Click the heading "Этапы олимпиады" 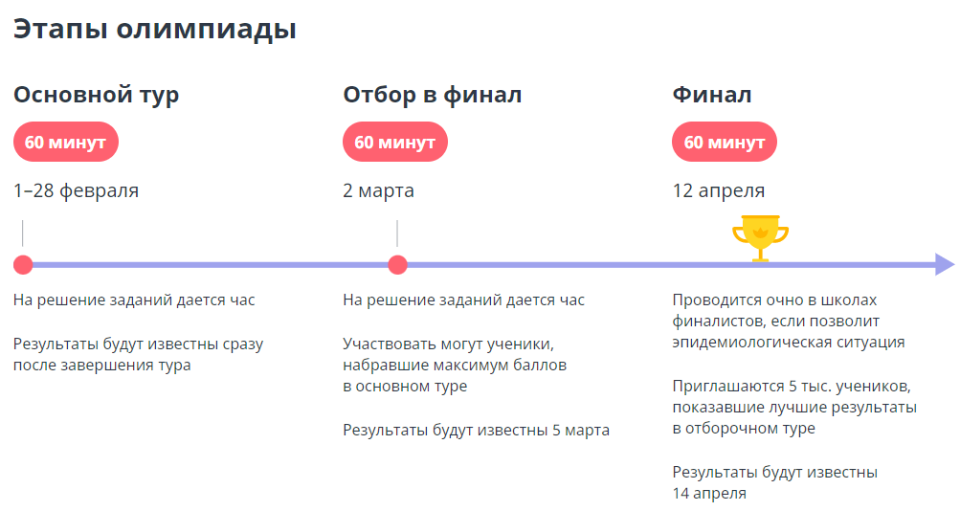pos(154,30)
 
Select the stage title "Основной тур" pos(96,95)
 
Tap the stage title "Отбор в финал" pos(433,95)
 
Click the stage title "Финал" pos(711,95)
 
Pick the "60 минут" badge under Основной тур pos(65,143)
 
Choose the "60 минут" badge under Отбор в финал pos(394,143)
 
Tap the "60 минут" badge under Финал pos(724,143)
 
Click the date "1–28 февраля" pos(76,190)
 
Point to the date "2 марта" pos(378,190)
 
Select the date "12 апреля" pos(718,190)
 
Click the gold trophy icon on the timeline pos(760,237)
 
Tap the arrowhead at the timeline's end pos(945,265)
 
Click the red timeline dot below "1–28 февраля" pos(23,265)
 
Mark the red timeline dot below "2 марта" pos(397,265)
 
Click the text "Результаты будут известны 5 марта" pos(476,431)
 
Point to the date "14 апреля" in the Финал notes pos(709,494)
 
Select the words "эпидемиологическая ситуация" pos(788,343)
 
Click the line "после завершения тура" pos(101,365)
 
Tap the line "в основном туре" pos(405,387)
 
